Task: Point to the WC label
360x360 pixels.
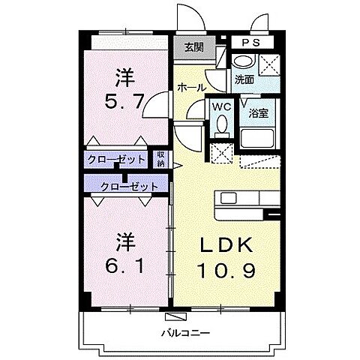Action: click(x=221, y=106)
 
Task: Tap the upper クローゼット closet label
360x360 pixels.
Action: click(x=115, y=159)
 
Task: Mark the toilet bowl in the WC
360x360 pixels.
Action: click(x=221, y=127)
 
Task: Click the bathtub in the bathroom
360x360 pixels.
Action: click(x=259, y=138)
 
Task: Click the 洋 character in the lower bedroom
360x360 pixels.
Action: click(x=124, y=241)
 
